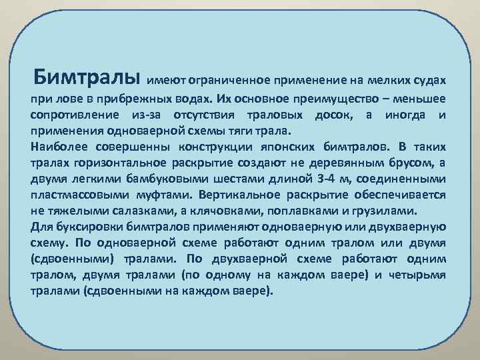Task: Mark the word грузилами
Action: tap(388, 211)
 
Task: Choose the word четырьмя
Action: tap(418, 275)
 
